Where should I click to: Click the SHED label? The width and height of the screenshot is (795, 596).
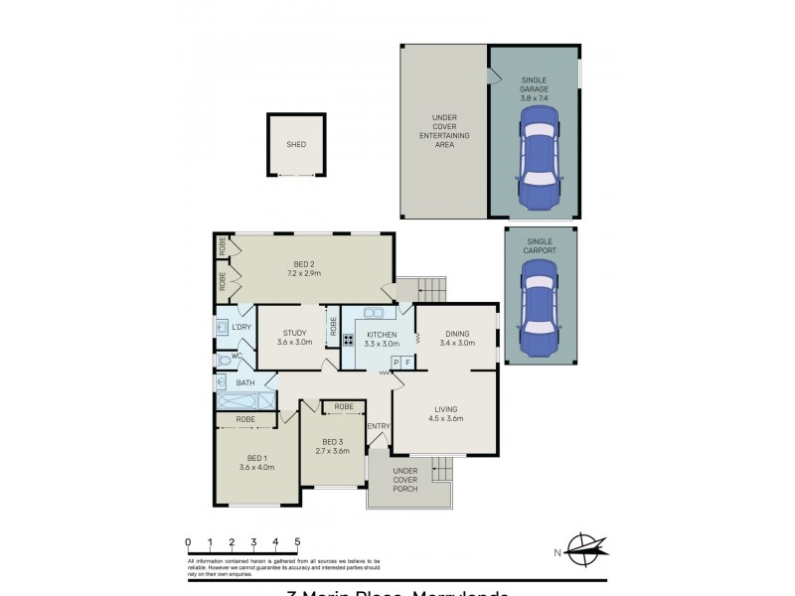click(296, 144)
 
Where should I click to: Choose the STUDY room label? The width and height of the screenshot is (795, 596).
click(294, 334)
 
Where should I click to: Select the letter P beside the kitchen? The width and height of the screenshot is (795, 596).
click(397, 364)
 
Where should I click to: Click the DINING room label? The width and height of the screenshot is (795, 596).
click(457, 334)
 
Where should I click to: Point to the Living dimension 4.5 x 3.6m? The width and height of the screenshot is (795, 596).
click(446, 418)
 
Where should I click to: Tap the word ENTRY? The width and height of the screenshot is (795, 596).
click(379, 426)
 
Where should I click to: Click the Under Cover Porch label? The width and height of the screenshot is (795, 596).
click(404, 480)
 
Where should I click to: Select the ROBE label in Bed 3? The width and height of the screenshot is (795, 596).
click(345, 406)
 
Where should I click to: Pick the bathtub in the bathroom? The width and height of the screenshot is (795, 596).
click(237, 400)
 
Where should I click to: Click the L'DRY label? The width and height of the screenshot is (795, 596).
click(241, 327)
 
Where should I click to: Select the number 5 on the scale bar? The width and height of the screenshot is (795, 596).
click(297, 541)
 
